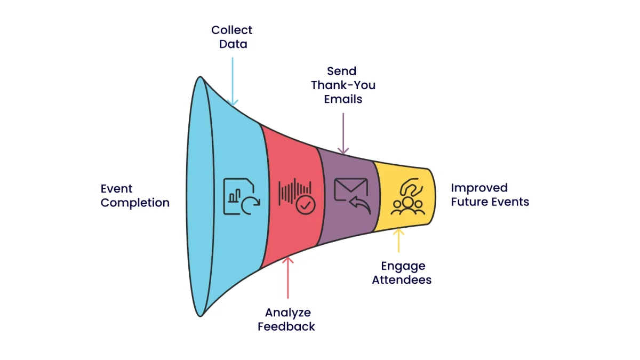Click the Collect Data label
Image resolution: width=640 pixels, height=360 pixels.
[x=231, y=37]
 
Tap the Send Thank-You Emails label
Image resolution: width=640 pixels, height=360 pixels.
[x=343, y=85]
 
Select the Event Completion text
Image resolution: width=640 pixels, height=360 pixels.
[x=135, y=196]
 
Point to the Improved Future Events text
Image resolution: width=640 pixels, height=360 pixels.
[x=490, y=195]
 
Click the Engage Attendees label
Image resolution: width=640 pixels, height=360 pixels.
[x=402, y=273]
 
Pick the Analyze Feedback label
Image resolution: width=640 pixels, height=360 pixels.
[x=287, y=319]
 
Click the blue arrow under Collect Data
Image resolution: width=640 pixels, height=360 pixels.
[x=233, y=80]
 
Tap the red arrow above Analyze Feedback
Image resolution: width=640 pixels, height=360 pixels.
[x=288, y=277]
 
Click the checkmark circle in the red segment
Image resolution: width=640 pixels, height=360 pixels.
[x=306, y=204]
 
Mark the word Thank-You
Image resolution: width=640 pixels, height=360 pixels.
[x=343, y=85]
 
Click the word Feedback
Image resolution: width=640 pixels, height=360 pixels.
[x=287, y=326]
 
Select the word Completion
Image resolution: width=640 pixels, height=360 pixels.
[x=135, y=203]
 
